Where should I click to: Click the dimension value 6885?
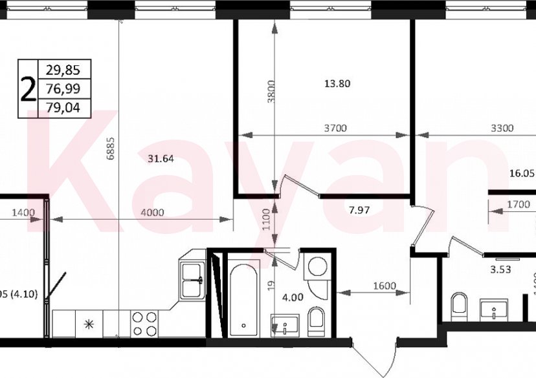[x=110, y=157]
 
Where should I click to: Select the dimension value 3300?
[x=502, y=129]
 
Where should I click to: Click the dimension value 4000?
[x=153, y=212]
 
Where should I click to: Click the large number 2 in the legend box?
[x=28, y=89]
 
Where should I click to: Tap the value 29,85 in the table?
[x=64, y=69]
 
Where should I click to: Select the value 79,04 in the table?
[x=64, y=108]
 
